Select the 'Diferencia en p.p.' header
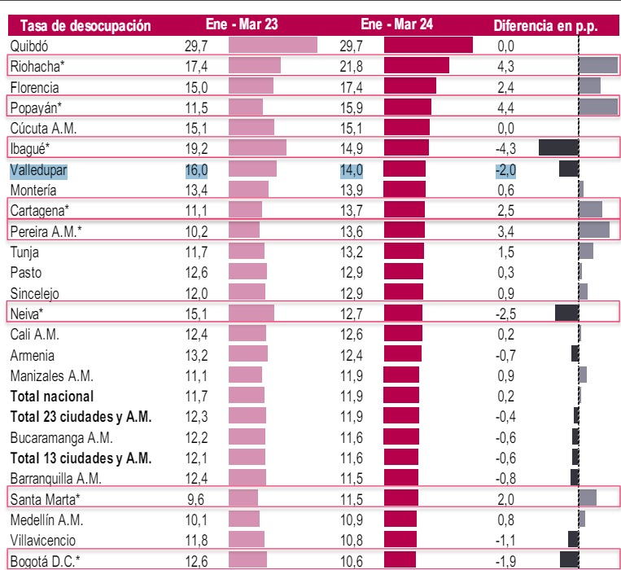pos(544,25)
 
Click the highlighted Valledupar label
pos(38,169)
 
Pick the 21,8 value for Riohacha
pos(352,65)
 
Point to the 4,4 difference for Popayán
pos(505,107)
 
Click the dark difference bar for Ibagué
pos(558,148)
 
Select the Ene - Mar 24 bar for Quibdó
pos(428,45)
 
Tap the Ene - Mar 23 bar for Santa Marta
pos(243,498)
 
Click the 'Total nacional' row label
pos(52,397)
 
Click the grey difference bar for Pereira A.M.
pos(594,230)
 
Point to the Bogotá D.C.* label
pos(46,560)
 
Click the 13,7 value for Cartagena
pos(352,210)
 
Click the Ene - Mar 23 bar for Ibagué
pos(257,148)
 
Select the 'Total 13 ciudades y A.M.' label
pos(81,458)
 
